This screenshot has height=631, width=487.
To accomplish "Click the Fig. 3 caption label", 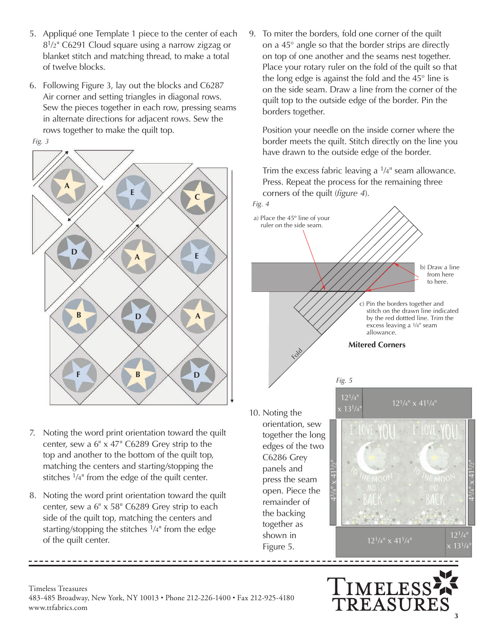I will pos(40,141).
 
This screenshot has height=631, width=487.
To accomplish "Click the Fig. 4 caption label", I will pos(261,204).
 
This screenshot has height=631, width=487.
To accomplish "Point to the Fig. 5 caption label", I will pos(344,380).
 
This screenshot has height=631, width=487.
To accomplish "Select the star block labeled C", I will pos(197,197).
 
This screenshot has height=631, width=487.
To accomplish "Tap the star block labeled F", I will pos(79,374).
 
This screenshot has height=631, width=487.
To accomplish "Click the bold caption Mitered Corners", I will pos(377,345).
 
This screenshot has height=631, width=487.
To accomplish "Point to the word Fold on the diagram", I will pos(297,353).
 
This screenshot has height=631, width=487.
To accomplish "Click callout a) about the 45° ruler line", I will pos(291,222).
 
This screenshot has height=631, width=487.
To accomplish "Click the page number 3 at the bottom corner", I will pos(456,616).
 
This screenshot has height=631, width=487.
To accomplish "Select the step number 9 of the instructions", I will pos(252,34).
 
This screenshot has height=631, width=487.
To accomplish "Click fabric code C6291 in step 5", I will pos(83,45).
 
